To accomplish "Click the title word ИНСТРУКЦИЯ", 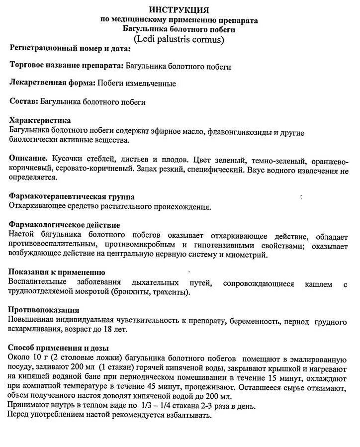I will (179, 9).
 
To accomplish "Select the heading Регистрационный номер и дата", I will (70, 49).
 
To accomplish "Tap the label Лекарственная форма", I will (52, 83).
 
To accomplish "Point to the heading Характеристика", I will (40, 120).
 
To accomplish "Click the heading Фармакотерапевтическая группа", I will (72, 197).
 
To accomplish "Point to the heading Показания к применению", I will (57, 272).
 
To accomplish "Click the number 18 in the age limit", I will (107, 329).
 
